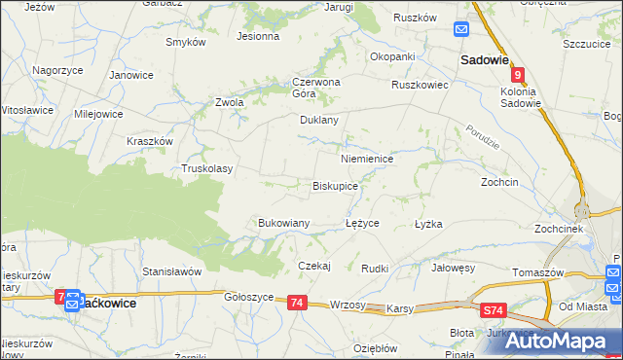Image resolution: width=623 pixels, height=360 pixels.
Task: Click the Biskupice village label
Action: click(334, 185)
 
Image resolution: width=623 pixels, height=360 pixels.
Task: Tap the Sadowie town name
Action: click(485, 59)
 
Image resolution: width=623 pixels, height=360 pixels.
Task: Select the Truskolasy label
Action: click(207, 168)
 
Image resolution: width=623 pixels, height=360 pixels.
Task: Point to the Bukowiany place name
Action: click(283, 223)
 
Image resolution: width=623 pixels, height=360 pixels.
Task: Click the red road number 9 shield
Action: click(519, 75)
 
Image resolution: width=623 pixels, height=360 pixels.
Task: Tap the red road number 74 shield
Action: click(298, 304)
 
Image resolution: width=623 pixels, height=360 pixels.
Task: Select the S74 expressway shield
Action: click(495, 310)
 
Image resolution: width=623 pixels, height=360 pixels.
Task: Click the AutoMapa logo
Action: click(564, 341)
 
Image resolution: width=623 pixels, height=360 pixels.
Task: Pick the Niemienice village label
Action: click(366, 158)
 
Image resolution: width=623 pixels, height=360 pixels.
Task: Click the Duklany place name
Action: click(318, 121)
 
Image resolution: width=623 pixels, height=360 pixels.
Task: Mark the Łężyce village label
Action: click(362, 223)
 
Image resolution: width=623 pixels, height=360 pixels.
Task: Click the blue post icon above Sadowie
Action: click(463, 30)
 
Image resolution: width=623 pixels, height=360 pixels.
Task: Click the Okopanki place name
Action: click(392, 56)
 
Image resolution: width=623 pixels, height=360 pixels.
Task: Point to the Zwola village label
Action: click(229, 102)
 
